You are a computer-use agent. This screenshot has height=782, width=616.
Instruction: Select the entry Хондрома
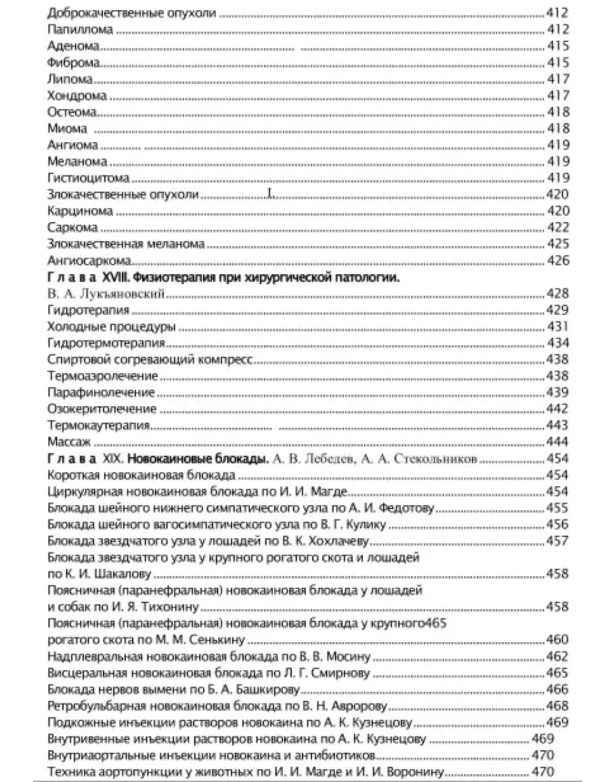(x=77, y=95)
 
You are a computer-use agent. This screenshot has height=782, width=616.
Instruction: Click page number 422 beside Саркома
(x=557, y=227)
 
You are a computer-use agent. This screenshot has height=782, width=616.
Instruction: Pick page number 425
(x=557, y=244)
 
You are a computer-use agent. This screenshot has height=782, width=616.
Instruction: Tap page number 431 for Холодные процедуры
(x=557, y=327)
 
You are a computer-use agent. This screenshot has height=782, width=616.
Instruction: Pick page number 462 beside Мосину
(x=557, y=657)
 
